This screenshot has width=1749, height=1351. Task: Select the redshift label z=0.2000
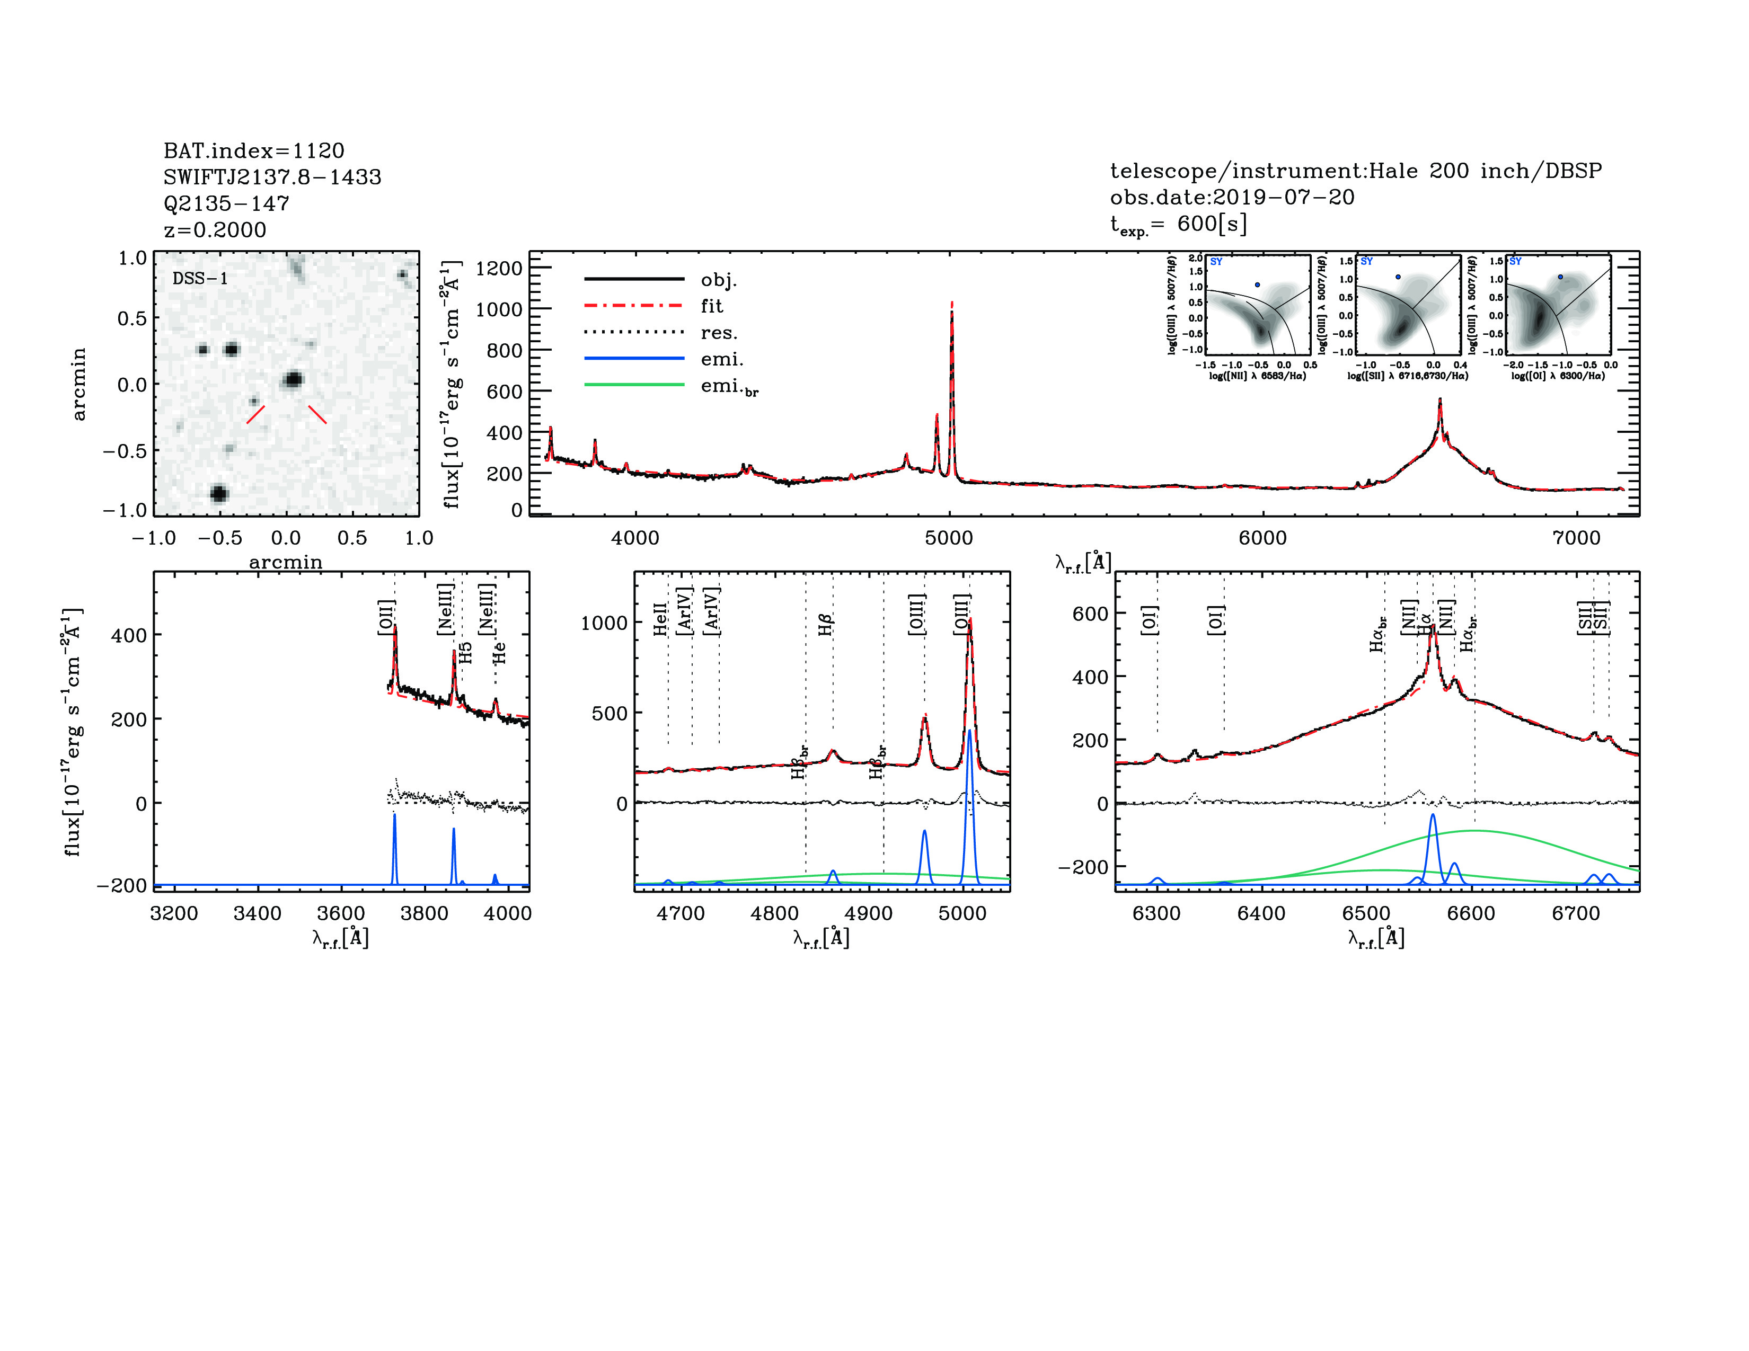click(215, 230)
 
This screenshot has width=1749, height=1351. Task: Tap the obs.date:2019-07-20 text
click(1232, 198)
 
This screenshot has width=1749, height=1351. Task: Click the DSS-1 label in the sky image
click(200, 279)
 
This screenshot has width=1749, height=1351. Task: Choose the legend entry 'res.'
click(718, 333)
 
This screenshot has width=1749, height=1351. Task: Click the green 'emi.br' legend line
click(634, 386)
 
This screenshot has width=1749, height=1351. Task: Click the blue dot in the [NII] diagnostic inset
click(1257, 285)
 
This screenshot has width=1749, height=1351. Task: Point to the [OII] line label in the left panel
click(386, 618)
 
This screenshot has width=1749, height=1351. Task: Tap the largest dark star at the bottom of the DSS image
click(218, 493)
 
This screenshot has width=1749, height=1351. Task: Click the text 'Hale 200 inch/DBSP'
click(1485, 171)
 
